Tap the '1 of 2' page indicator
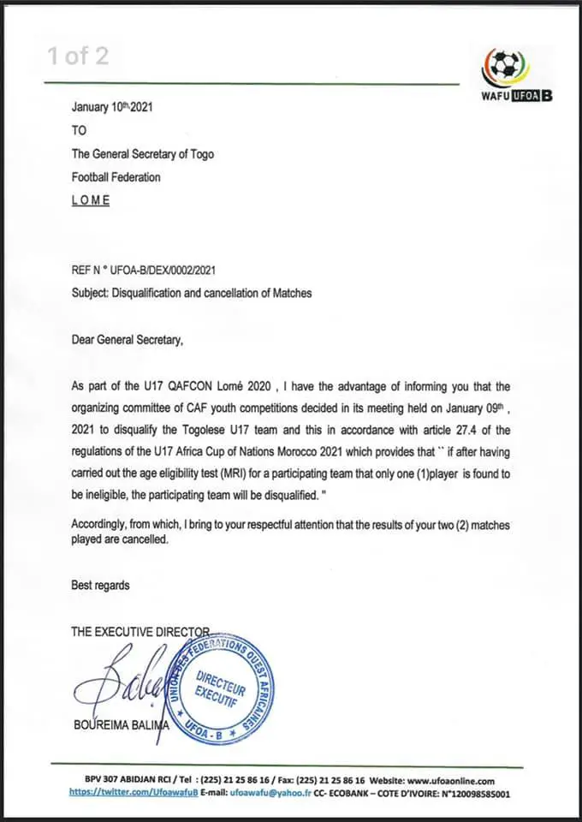(78, 57)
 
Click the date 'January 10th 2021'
(112, 108)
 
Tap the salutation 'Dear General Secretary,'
(128, 340)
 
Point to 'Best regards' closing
(100, 585)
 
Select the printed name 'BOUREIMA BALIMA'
(127, 727)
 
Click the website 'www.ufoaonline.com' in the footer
(451, 780)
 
